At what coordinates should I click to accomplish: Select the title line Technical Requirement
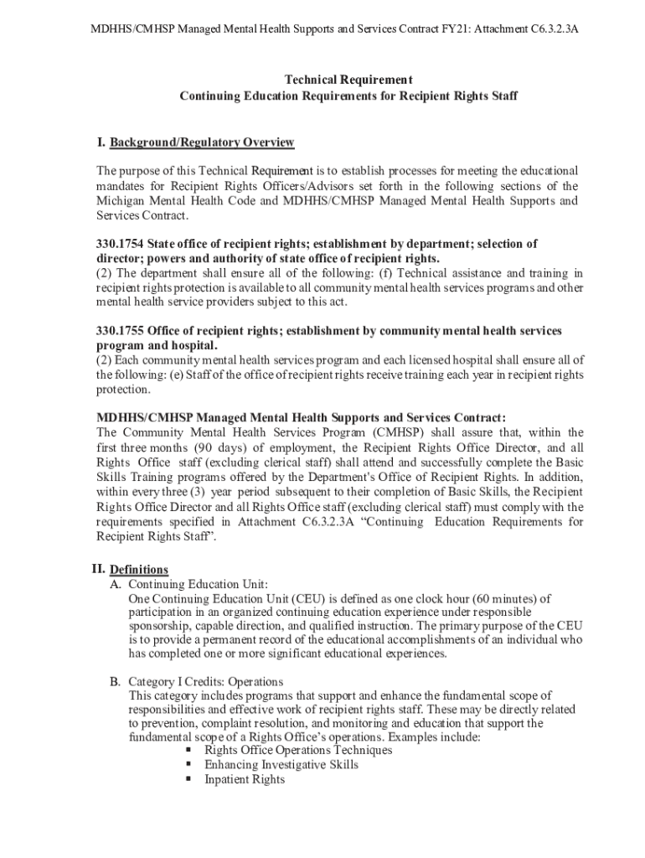[x=348, y=80]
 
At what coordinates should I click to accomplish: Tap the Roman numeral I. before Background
[x=101, y=142]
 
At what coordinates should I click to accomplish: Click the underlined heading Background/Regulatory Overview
[x=203, y=142]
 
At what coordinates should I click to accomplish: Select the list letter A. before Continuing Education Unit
[x=116, y=584]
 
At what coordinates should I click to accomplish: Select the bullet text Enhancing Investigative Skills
[x=281, y=765]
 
